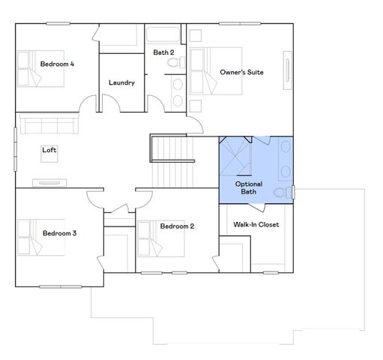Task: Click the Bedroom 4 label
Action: point(56,64)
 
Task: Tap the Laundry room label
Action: point(121,82)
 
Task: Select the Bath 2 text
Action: point(164,52)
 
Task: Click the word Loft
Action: point(49,150)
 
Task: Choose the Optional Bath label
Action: point(248,187)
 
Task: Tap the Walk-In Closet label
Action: point(256,224)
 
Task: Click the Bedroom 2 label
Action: point(177,226)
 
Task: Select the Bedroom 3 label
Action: point(59,233)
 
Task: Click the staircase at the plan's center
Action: point(172,161)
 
